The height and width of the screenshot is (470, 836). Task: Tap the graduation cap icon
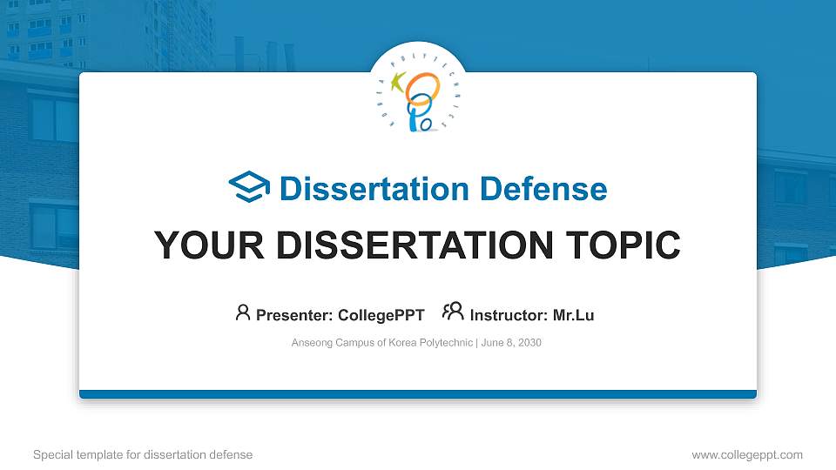[249, 188]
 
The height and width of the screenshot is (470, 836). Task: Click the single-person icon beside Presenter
[243, 312]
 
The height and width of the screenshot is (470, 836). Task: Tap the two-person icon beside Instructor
[453, 312]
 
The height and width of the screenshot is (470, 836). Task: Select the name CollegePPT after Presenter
[381, 315]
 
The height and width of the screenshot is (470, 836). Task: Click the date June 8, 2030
[511, 343]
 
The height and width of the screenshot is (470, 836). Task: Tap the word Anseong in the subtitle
[312, 343]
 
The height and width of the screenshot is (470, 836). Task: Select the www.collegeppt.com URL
[746, 454]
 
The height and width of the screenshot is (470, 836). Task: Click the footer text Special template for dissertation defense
[142, 454]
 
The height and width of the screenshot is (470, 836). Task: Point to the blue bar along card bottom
[418, 394]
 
